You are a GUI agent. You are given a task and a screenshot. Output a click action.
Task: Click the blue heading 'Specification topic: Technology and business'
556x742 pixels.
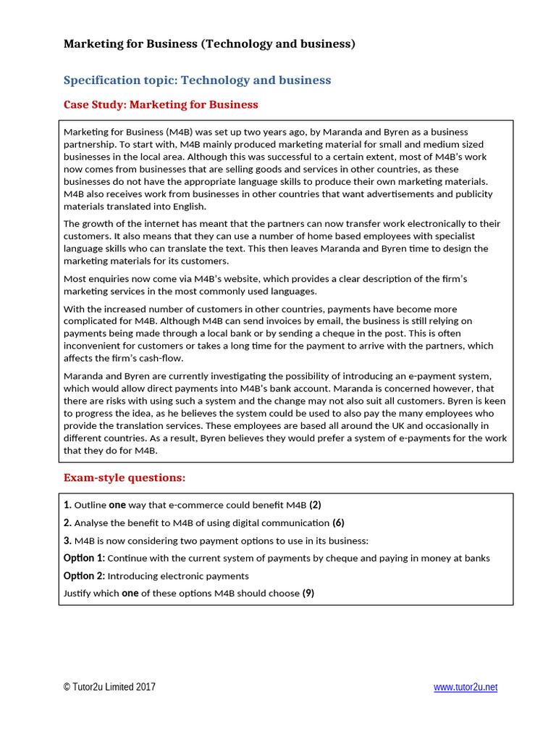point(197,80)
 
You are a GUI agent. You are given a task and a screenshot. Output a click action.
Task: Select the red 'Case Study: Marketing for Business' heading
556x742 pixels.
point(161,104)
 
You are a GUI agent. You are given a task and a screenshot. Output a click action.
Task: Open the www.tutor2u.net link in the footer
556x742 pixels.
point(466,687)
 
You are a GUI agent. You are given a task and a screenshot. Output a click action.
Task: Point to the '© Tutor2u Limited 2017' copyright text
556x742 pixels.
point(109,687)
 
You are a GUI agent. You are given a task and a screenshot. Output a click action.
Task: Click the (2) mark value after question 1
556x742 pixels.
point(315,505)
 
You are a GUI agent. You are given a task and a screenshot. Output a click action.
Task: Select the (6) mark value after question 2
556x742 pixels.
point(338,523)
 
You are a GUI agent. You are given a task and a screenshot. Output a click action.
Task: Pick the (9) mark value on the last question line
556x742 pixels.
point(308,593)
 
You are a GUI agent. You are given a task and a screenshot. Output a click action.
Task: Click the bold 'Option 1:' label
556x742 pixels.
point(84,559)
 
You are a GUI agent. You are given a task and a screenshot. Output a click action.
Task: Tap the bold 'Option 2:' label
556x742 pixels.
point(84,576)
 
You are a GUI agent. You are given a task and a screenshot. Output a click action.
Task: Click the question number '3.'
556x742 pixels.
point(67,541)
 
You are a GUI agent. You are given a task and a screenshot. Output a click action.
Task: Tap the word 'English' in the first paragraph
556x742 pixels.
point(190,207)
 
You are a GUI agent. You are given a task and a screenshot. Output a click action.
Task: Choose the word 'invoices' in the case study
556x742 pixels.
point(216,321)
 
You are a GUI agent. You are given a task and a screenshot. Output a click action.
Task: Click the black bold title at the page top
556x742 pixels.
point(209,44)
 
